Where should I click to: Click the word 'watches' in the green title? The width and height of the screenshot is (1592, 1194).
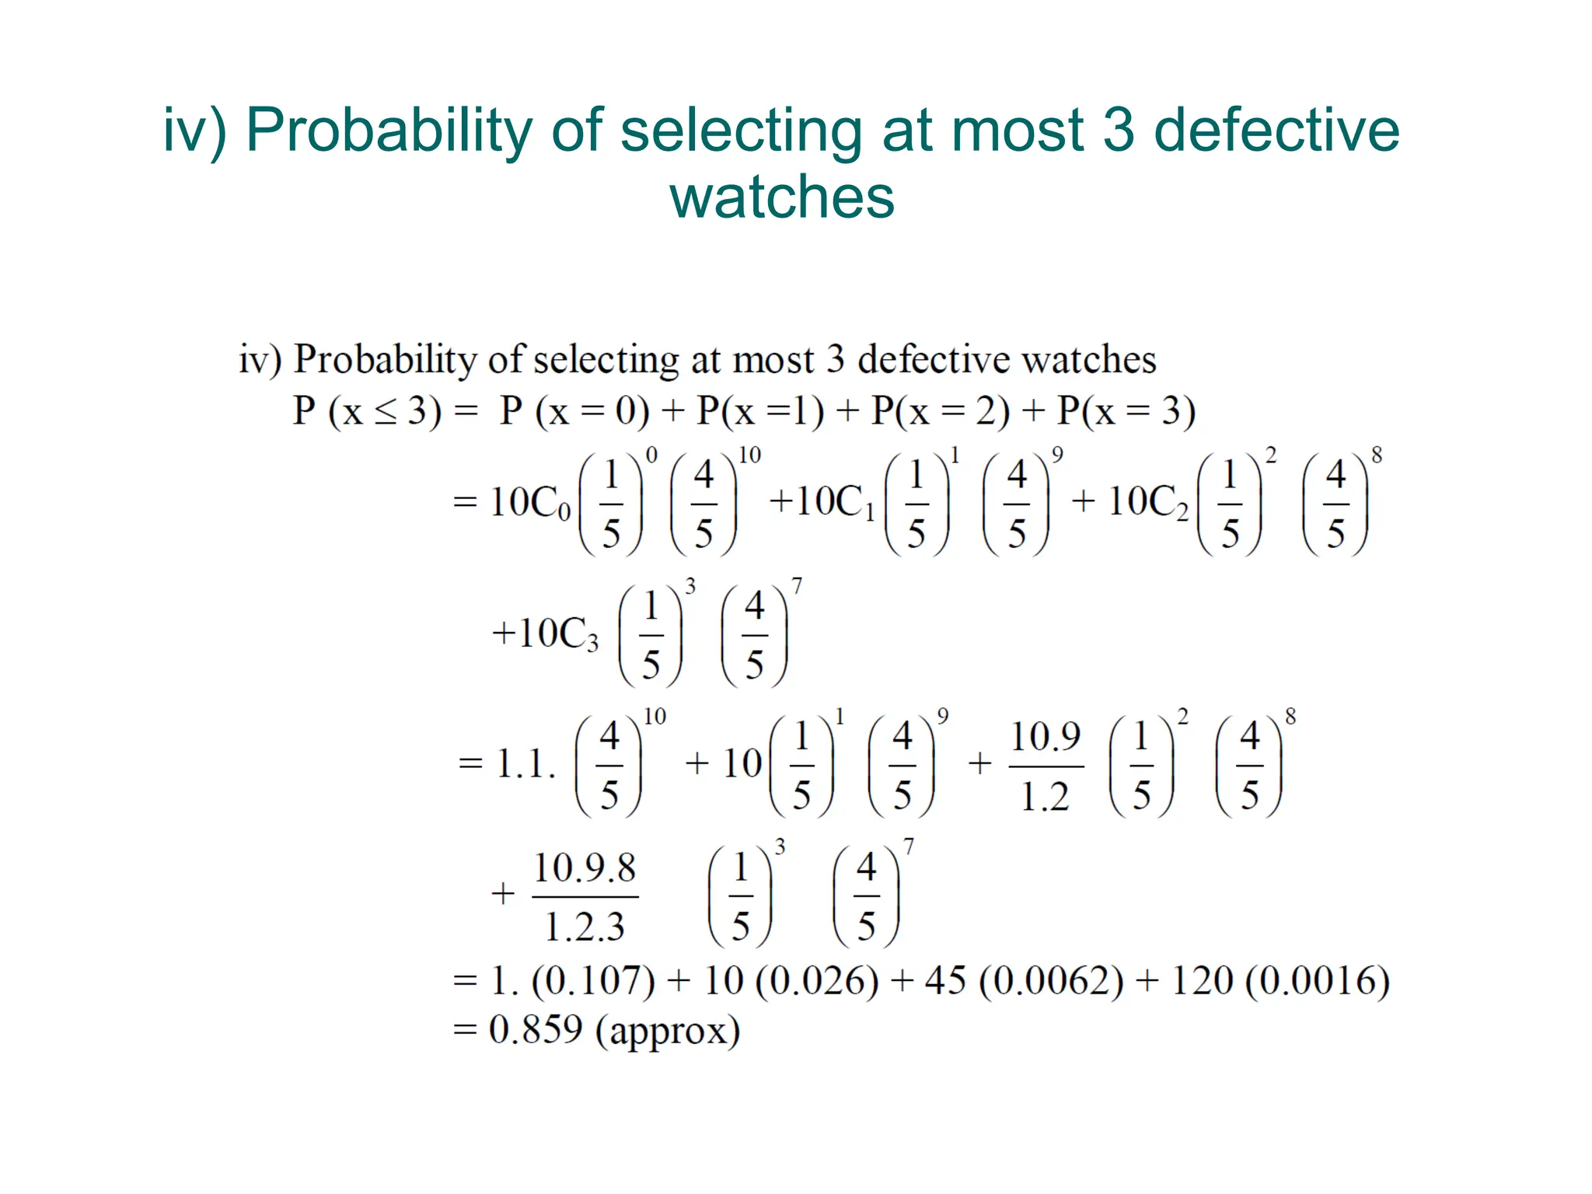[781, 197]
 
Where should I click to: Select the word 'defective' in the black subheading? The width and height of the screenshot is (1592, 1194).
[933, 360]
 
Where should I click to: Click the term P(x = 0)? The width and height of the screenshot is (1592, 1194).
[574, 411]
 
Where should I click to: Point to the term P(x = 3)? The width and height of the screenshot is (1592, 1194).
[1126, 411]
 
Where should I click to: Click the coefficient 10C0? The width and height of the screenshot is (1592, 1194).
[531, 502]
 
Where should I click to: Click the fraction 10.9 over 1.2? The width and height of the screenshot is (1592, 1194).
[1046, 766]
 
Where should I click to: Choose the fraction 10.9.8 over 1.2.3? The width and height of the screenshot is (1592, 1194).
[585, 897]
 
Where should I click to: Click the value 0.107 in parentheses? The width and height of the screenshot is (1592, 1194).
[594, 981]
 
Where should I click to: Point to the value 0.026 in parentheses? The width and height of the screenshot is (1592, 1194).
[817, 981]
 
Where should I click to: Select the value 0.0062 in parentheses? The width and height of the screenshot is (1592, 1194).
[1051, 981]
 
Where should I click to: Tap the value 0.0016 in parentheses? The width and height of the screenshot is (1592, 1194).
[1317, 981]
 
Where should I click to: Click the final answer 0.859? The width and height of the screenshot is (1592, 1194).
[536, 1031]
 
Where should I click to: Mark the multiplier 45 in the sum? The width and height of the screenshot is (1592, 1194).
[945, 981]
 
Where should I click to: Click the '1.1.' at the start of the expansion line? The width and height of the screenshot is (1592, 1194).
[525, 765]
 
